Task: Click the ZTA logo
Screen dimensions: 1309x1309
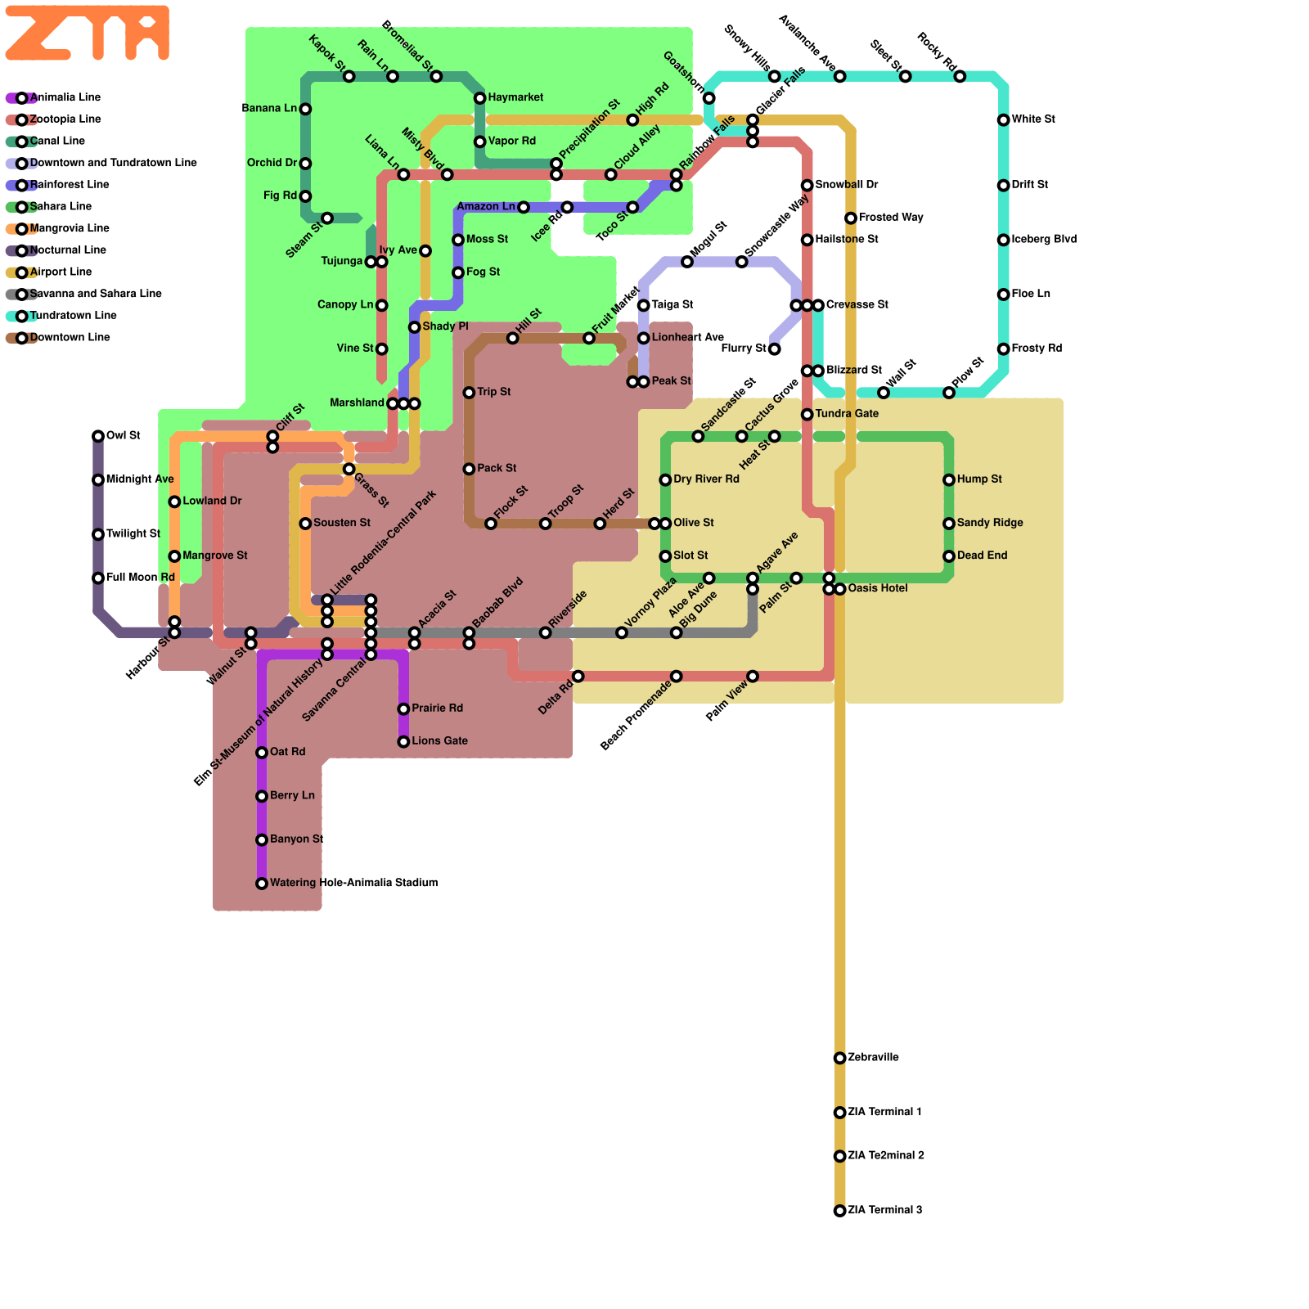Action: click(87, 33)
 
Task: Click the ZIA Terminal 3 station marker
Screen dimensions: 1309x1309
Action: click(839, 1211)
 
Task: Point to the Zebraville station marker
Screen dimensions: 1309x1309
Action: click(839, 1058)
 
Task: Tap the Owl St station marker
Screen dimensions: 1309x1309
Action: click(98, 436)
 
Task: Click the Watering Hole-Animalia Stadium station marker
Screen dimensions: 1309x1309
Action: click(262, 884)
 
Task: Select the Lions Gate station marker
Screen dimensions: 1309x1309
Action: click(403, 742)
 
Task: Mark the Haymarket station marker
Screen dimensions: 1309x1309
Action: click(480, 98)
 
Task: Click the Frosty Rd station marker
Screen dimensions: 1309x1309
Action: click(1003, 349)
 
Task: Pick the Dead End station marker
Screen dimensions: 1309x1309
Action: click(949, 556)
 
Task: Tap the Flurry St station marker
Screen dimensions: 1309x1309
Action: click(774, 349)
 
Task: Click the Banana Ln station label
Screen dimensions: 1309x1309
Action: click(269, 108)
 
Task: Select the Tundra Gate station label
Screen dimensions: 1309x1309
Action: click(847, 414)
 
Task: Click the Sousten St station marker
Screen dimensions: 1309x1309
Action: click(305, 524)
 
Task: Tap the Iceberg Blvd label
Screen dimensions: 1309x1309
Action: click(1044, 240)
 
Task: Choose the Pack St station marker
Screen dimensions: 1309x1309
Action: click(469, 469)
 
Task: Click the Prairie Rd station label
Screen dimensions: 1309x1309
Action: click(438, 708)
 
